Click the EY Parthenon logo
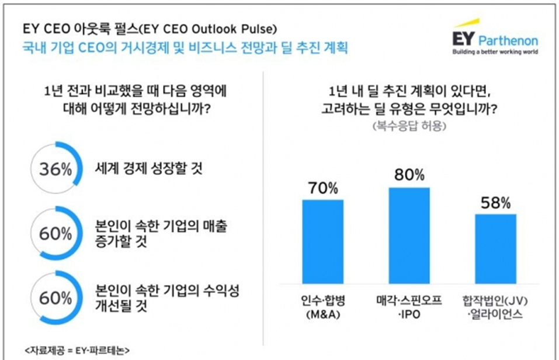pyautogui.click(x=495, y=37)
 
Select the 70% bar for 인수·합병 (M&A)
pyautogui.click(x=323, y=241)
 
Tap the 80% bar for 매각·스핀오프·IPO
pyautogui.click(x=409, y=236)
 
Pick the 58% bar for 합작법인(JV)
pyautogui.click(x=495, y=249)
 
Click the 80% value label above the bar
pyautogui.click(x=409, y=175)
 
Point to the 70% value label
pyautogui.click(x=323, y=188)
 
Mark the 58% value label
pyautogui.click(x=495, y=203)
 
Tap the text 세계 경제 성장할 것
pyautogui.click(x=149, y=168)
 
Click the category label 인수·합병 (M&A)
pyautogui.click(x=323, y=307)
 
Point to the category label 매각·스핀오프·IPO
pyautogui.click(x=409, y=307)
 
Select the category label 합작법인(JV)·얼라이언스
pyautogui.click(x=495, y=307)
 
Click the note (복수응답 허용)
pyautogui.click(x=409, y=126)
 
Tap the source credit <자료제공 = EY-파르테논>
pyautogui.click(x=77, y=351)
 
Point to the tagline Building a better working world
pyautogui.click(x=495, y=52)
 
